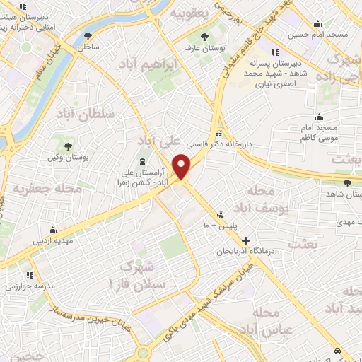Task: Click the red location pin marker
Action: (x=182, y=167)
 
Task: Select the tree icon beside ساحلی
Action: (x=88, y=35)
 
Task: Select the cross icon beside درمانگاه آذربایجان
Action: (x=245, y=241)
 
